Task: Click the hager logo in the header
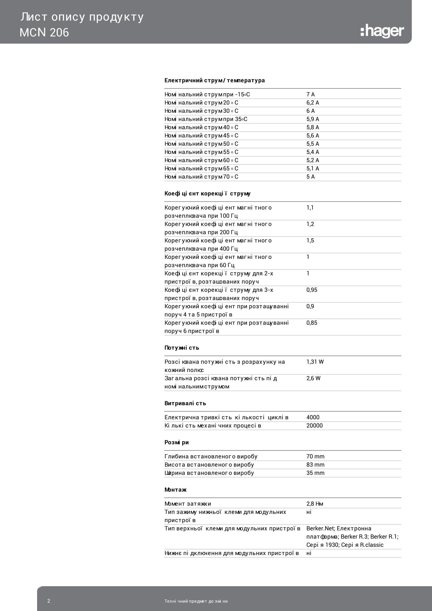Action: point(382,31)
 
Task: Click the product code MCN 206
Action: point(44,33)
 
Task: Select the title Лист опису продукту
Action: point(82,17)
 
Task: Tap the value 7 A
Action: point(311,95)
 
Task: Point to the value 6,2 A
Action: point(313,103)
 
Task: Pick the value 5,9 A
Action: point(313,119)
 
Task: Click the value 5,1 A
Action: point(313,168)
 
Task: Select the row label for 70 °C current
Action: point(201,177)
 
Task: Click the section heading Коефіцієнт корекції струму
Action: point(207,194)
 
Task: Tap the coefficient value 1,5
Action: point(310,241)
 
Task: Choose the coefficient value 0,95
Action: point(312,290)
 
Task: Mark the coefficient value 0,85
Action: point(312,323)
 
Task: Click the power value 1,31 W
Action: point(315,362)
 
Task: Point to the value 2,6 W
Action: point(313,378)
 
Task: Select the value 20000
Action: point(314,426)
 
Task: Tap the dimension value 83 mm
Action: point(315,465)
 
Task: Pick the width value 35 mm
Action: point(315,473)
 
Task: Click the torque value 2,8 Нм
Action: point(315,504)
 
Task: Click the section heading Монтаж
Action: point(176,490)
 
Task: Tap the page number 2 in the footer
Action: point(49,601)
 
